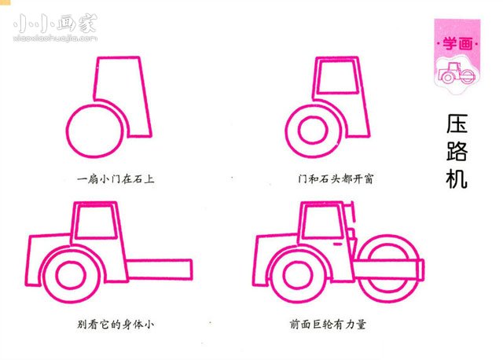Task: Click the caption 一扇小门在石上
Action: (x=116, y=179)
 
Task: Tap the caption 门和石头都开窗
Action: (x=330, y=179)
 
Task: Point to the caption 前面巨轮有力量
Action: (x=329, y=323)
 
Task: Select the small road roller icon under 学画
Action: (x=456, y=75)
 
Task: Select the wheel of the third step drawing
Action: (x=71, y=274)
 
